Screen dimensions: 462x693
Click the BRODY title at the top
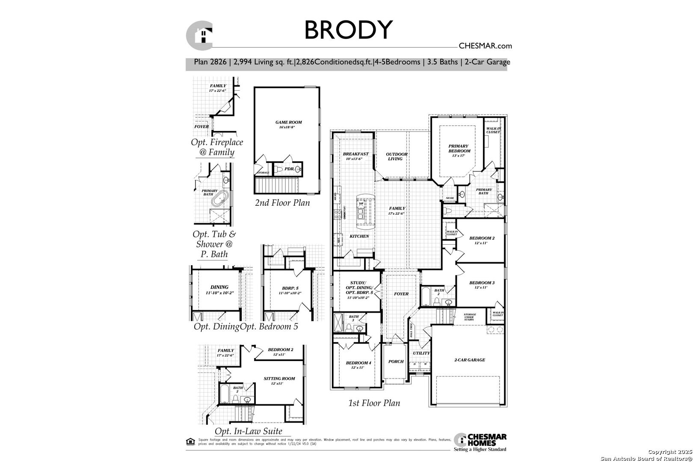click(x=348, y=30)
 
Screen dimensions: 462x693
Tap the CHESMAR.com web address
click(x=485, y=46)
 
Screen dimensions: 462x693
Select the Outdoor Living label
click(x=397, y=156)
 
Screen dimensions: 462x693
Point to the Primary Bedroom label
click(x=459, y=148)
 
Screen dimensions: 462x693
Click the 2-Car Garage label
click(x=469, y=360)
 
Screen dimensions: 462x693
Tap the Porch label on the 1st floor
click(x=396, y=361)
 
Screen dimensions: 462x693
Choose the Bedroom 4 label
click(x=358, y=363)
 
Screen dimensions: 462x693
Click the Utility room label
click(x=421, y=353)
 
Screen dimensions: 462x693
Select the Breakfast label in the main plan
click(x=355, y=154)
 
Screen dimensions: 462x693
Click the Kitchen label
click(x=359, y=236)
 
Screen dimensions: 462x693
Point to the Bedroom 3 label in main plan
click(x=482, y=283)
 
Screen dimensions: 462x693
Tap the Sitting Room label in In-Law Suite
click(x=279, y=379)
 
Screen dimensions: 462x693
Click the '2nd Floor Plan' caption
click(x=282, y=202)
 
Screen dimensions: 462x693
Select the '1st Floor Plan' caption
click(x=374, y=403)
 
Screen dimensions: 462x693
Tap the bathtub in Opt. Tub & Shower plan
click(x=221, y=200)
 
